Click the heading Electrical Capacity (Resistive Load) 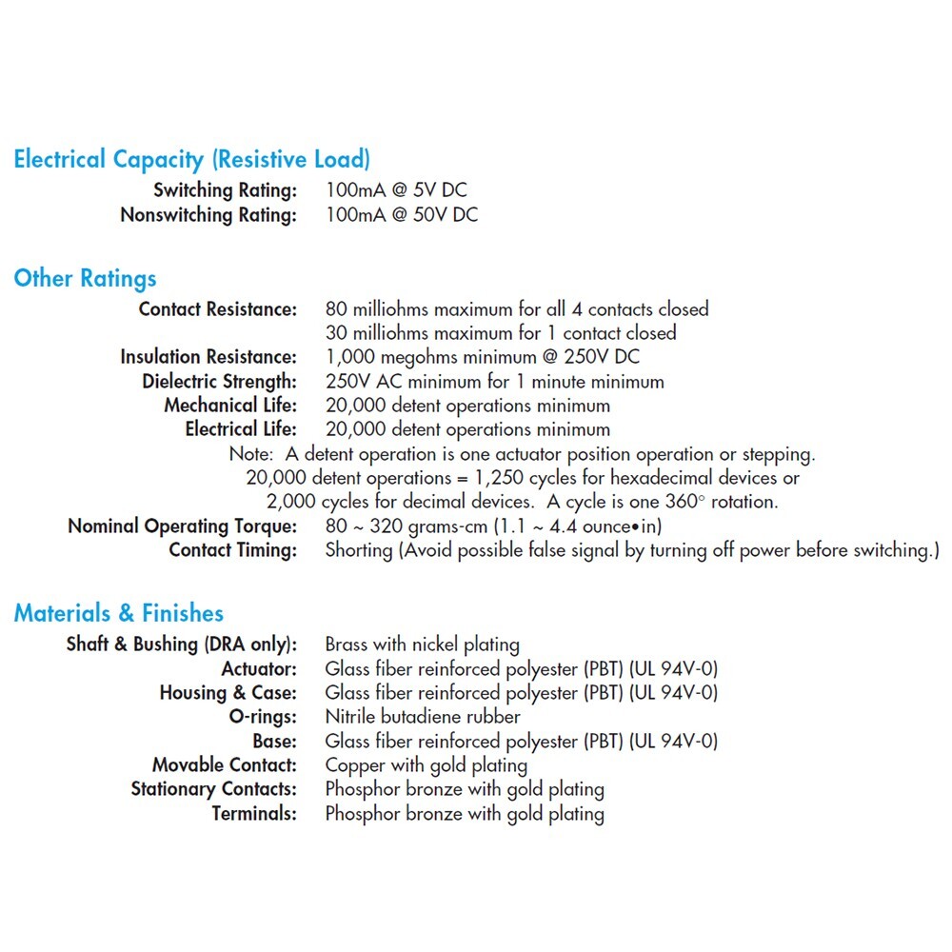pyautogui.click(x=191, y=159)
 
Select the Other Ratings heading pyautogui.click(x=85, y=279)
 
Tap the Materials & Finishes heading pyautogui.click(x=118, y=613)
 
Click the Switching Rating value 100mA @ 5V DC pyautogui.click(x=396, y=190)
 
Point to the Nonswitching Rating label pyautogui.click(x=208, y=215)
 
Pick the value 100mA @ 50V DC pyautogui.click(x=402, y=215)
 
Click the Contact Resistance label pyautogui.click(x=218, y=309)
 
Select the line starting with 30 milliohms pyautogui.click(x=501, y=333)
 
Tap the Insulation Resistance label pyautogui.click(x=208, y=357)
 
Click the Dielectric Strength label pyautogui.click(x=220, y=382)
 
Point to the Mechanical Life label pyautogui.click(x=230, y=406)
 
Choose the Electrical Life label pyautogui.click(x=241, y=429)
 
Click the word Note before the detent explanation pyautogui.click(x=251, y=454)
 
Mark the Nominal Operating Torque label pyautogui.click(x=182, y=526)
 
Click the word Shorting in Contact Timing pyautogui.click(x=359, y=550)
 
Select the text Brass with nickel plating pyautogui.click(x=423, y=645)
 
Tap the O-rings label pyautogui.click(x=263, y=717)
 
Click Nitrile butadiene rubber pyautogui.click(x=423, y=717)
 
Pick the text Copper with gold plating pyautogui.click(x=426, y=765)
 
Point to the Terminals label pyautogui.click(x=254, y=814)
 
